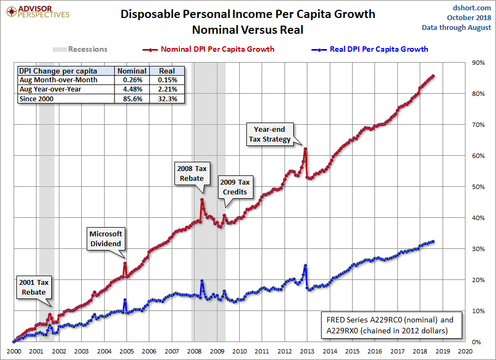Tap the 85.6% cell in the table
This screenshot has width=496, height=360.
132,99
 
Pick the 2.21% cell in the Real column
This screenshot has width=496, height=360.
167,89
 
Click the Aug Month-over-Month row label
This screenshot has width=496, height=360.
58,80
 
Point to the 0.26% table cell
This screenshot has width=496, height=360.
132,80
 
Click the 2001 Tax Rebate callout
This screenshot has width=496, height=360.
34,288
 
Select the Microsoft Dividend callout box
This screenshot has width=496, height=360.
106,239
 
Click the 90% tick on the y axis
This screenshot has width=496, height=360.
477,63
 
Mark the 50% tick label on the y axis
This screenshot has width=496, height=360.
477,187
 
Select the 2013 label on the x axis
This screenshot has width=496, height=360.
307,351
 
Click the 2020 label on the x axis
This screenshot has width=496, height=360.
465,351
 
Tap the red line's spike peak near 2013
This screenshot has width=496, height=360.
305,149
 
